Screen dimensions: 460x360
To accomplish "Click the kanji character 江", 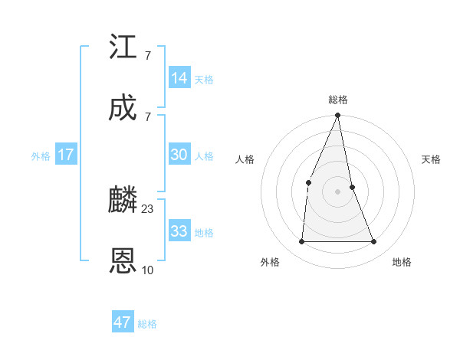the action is (123, 47).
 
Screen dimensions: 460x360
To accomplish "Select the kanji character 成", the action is (123, 109).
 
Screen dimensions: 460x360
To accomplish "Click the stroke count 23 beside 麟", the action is (148, 208).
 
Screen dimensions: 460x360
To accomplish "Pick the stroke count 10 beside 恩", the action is (148, 270).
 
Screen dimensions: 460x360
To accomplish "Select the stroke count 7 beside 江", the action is (147, 55).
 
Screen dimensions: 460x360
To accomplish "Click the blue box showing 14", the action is (179, 78).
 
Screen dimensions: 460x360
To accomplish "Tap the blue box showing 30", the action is (179, 155).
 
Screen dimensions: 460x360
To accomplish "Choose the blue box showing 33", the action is (179, 231).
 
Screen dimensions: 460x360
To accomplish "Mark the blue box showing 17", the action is (66, 155).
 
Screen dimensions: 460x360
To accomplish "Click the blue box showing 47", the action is (123, 322).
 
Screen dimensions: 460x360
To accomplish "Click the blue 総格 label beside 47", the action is (147, 324).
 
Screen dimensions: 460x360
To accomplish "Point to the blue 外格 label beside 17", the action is (41, 156).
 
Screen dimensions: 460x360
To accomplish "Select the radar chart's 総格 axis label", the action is (338, 100).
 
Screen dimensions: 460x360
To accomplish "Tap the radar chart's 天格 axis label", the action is (431, 159).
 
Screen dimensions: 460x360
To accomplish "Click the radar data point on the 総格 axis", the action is (337, 116).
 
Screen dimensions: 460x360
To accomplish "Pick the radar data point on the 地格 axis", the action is (374, 242).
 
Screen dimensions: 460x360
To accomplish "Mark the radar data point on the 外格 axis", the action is (301, 242).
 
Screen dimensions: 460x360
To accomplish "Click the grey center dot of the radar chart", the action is (337, 191).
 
